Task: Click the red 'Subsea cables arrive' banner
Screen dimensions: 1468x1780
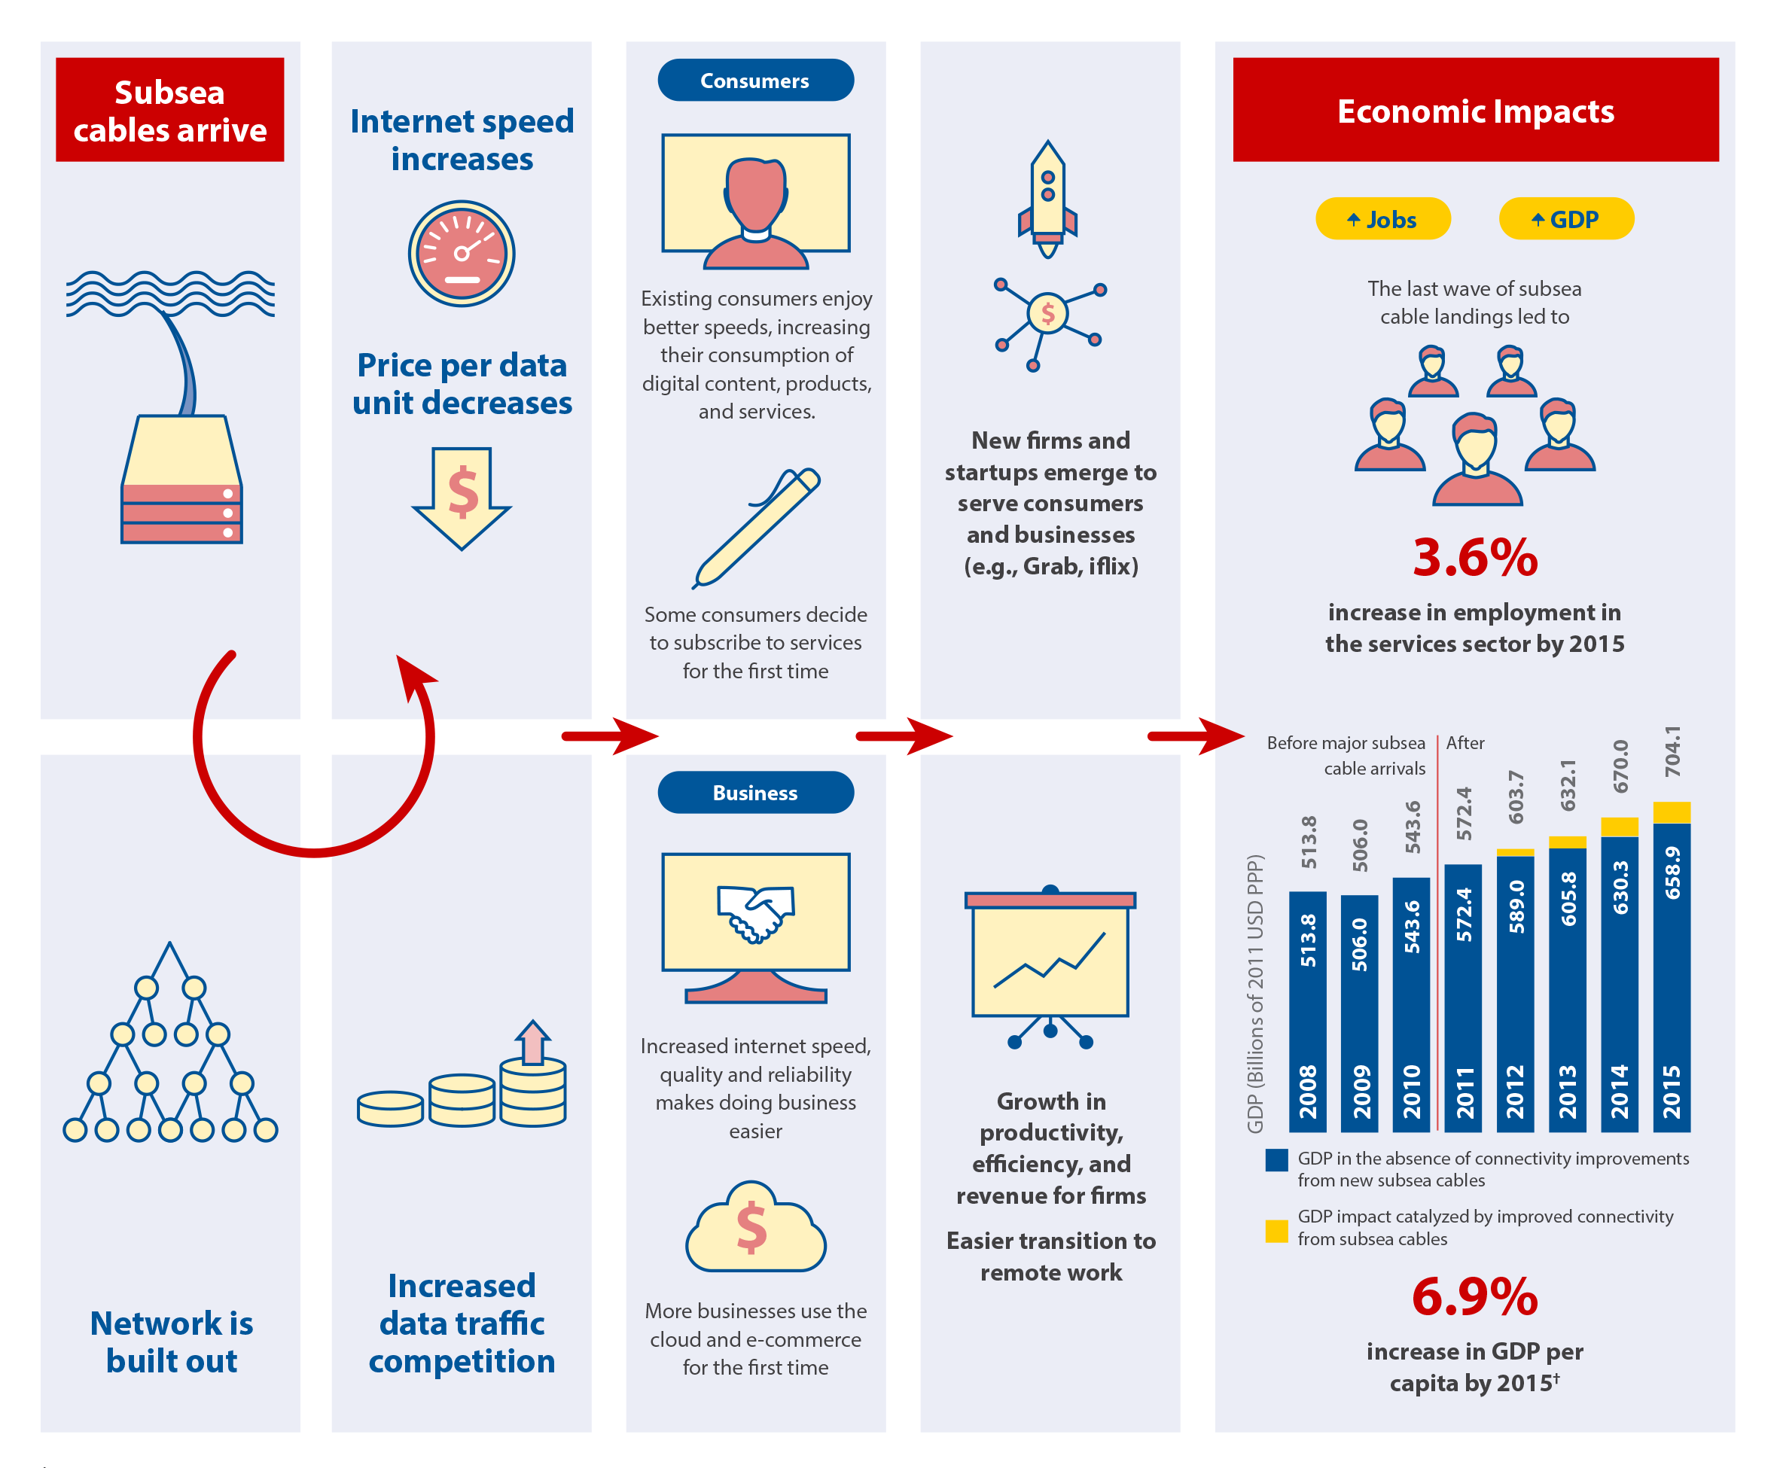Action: click(169, 110)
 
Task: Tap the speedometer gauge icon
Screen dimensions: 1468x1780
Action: click(462, 253)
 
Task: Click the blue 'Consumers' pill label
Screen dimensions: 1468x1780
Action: click(755, 81)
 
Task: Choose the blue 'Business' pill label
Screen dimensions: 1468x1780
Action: click(755, 793)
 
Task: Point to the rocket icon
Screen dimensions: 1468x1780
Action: click(1047, 199)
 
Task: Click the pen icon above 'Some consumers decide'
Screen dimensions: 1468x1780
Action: click(756, 528)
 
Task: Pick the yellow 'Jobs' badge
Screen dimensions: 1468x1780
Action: click(1382, 219)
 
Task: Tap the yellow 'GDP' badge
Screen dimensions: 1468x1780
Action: click(1566, 219)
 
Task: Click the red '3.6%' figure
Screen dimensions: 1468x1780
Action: click(1475, 558)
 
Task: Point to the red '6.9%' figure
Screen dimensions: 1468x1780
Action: click(1475, 1296)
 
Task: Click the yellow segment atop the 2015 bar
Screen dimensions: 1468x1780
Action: click(1671, 812)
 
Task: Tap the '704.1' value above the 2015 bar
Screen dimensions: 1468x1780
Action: click(1672, 751)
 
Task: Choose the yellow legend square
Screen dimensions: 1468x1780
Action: click(1276, 1230)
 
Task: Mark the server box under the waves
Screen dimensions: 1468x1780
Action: click(181, 480)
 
